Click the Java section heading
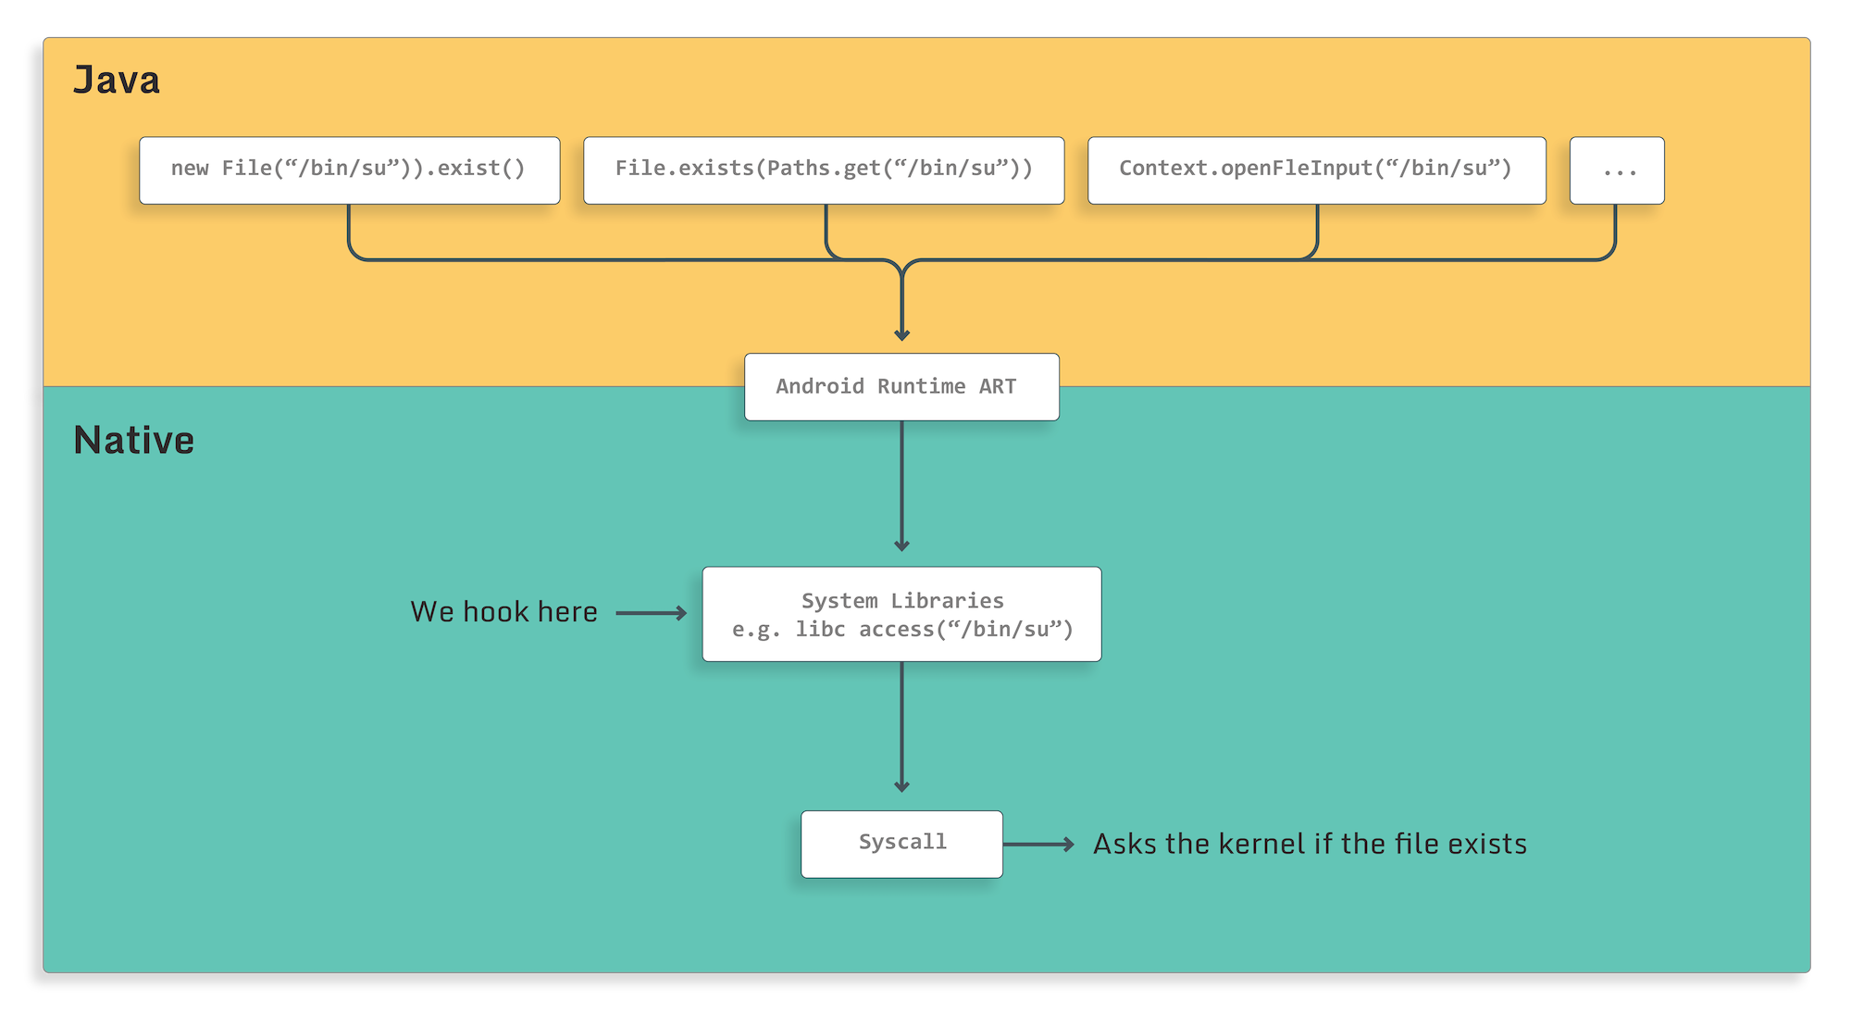click(117, 81)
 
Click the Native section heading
click(134, 441)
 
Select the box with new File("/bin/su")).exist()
click(349, 170)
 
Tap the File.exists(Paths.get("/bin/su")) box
click(824, 170)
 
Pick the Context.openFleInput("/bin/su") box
click(1316, 170)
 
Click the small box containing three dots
click(1617, 170)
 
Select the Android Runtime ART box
click(901, 387)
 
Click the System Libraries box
click(901, 614)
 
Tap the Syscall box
click(901, 844)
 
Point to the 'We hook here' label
click(503, 612)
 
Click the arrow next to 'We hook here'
click(651, 613)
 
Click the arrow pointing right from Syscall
click(1038, 844)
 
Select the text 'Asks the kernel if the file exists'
click(1310, 844)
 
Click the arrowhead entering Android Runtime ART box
click(901, 333)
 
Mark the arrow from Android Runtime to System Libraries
click(901, 486)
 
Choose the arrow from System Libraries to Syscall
click(901, 727)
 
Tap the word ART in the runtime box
click(998, 387)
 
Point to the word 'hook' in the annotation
click(495, 612)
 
